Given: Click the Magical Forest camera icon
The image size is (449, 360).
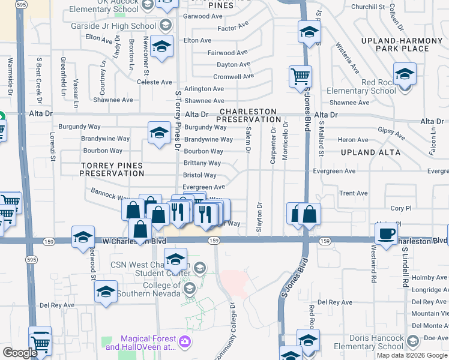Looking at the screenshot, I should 185,342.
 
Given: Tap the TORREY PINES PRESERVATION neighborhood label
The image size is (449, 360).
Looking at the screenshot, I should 113,169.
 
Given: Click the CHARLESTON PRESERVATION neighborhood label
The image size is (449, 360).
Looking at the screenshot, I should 249,116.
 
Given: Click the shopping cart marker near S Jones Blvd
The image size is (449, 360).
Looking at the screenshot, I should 300,77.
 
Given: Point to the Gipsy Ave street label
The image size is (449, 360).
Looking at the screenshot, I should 390,130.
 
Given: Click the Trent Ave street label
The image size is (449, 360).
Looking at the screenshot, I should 354,193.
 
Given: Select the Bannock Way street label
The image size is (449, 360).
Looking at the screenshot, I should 110,194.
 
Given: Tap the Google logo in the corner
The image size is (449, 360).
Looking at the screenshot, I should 20,353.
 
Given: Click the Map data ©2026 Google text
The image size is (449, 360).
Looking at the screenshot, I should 412,355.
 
